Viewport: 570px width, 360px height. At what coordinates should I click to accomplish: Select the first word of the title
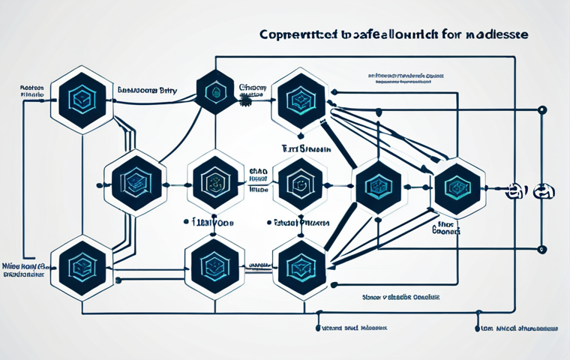pos(290,35)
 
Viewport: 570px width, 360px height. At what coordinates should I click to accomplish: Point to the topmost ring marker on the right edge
pos(541,110)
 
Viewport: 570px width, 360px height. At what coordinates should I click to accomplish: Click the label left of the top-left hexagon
pos(31,91)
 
